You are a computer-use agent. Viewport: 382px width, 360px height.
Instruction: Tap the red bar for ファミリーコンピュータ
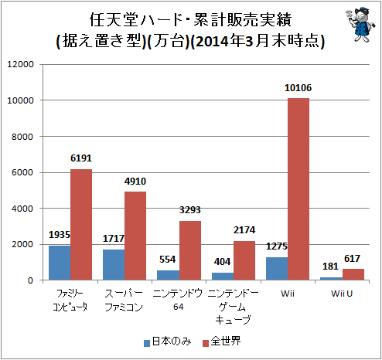(x=81, y=224)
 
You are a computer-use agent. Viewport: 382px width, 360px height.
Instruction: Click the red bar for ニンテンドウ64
(x=190, y=250)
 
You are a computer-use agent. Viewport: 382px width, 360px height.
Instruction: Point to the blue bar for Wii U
(x=331, y=278)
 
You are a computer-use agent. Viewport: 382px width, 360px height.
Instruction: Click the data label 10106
(x=298, y=88)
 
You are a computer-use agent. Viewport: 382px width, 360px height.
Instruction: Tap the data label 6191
(x=81, y=158)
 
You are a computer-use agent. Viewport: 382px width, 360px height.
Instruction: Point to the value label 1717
(x=114, y=239)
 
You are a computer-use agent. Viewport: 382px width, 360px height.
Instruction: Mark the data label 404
(x=223, y=263)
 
